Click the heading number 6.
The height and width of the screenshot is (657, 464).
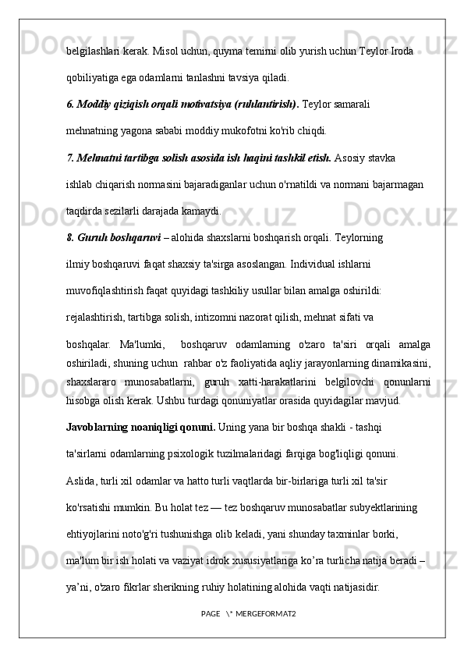71,103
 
